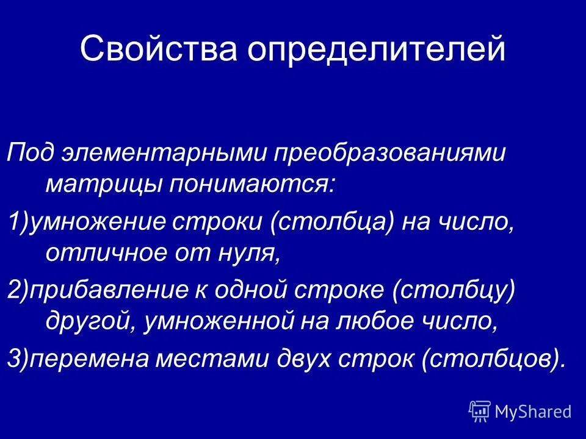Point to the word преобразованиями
tap(390, 153)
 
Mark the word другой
tap(91, 321)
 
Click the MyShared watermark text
tap(533, 412)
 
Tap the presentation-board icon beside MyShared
tap(480, 412)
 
